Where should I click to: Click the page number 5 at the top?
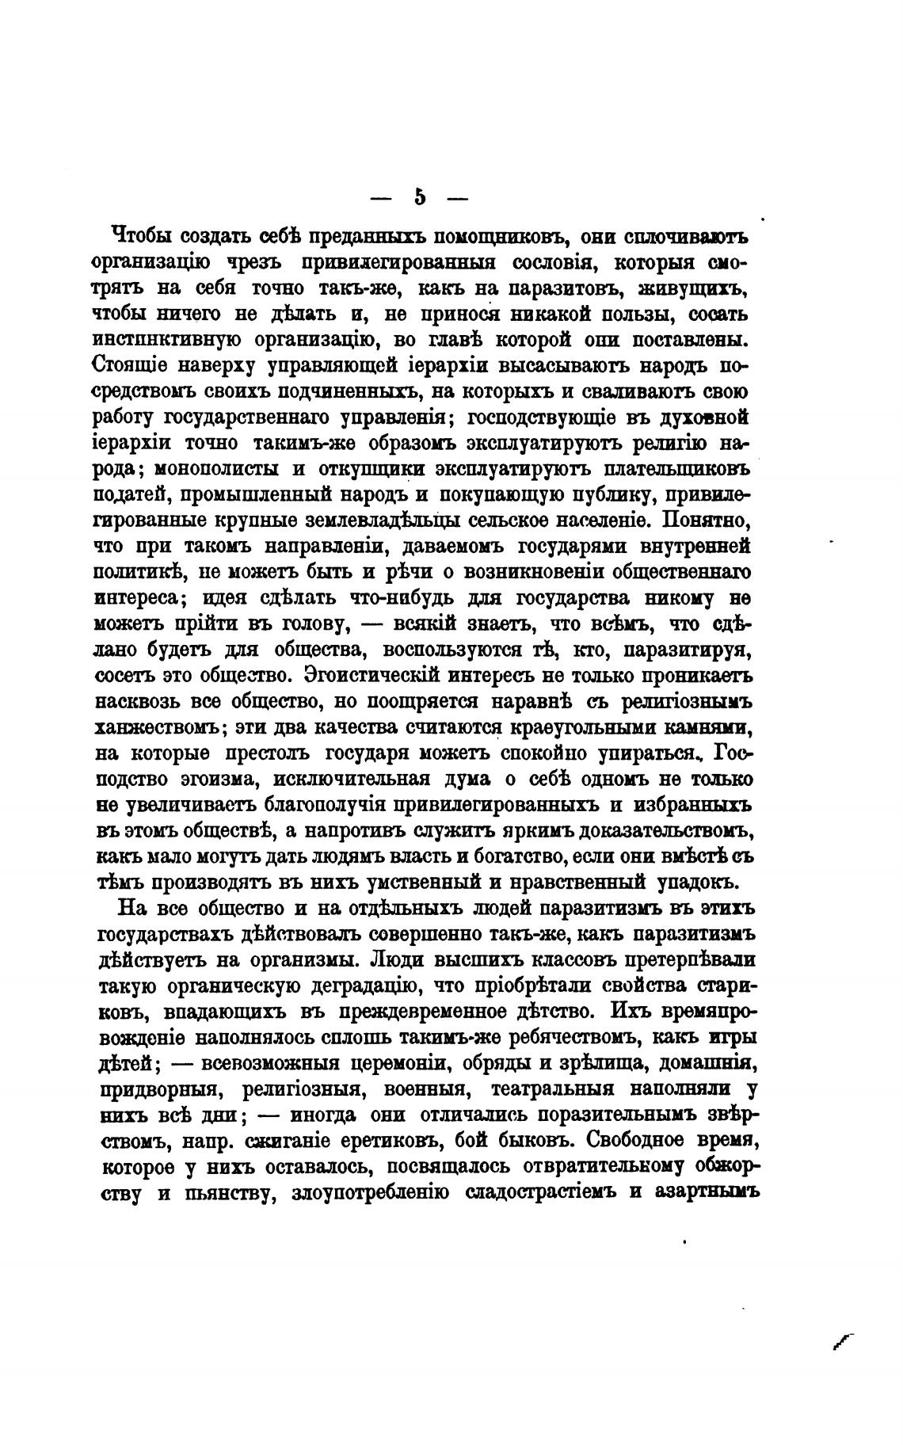420,196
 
